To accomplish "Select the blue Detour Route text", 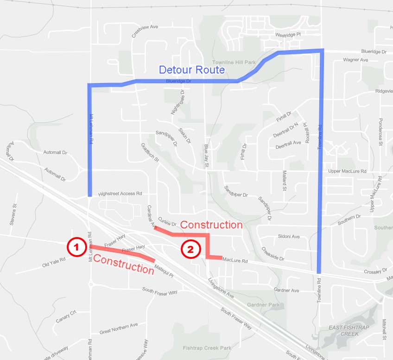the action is (x=191, y=70).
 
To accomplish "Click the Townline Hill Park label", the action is (x=234, y=63).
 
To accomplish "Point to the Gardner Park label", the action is (x=263, y=305).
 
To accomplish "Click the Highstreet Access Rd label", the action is (x=120, y=193).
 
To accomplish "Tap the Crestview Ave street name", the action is (x=145, y=27).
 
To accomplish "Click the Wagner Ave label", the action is (x=355, y=60).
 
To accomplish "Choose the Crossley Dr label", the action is (x=375, y=270).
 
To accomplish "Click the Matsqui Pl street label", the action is (x=164, y=271).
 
